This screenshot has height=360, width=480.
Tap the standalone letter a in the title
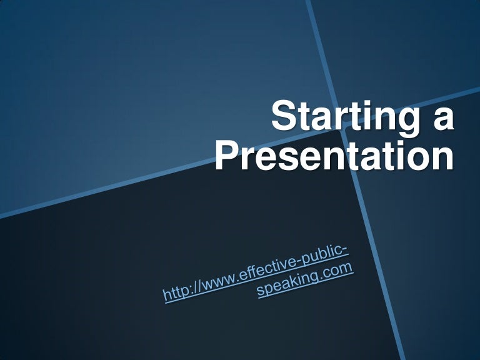[442, 118]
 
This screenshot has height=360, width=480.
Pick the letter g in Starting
[410, 122]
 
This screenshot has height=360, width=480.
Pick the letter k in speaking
[297, 280]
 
